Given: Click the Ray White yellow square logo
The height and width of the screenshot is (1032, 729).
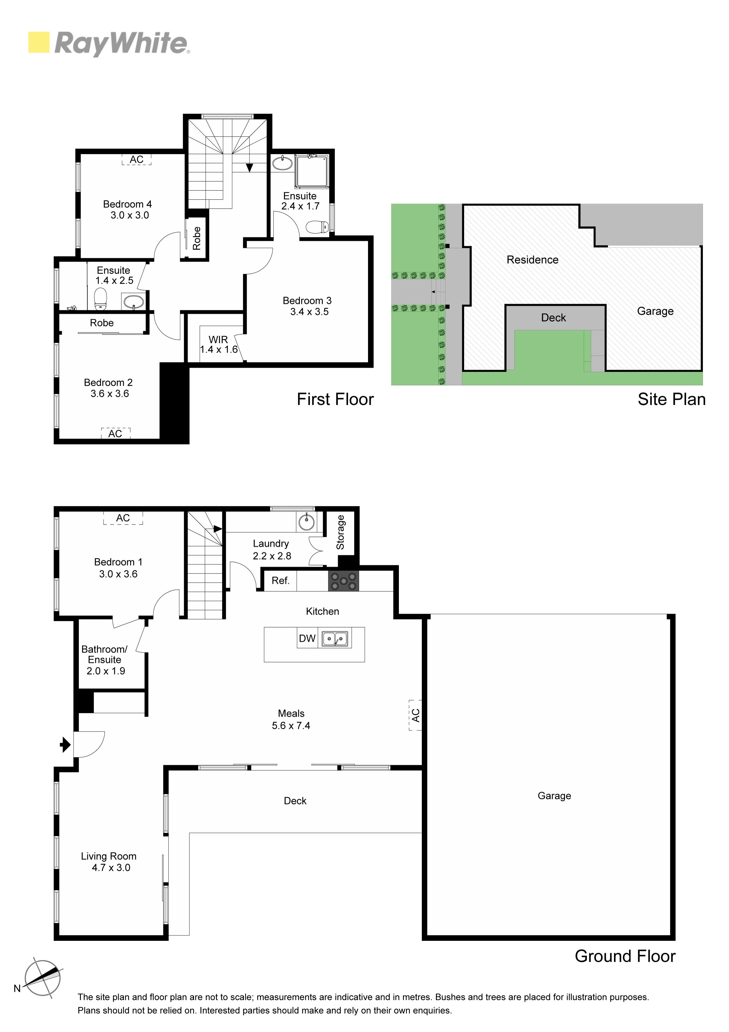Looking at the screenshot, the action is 39,42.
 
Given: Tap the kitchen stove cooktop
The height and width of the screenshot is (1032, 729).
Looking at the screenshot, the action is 344,581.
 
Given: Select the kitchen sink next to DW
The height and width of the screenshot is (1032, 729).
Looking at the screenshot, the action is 335,639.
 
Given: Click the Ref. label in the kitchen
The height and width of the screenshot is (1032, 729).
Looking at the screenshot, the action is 280,581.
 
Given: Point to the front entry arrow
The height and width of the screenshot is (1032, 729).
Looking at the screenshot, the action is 66,745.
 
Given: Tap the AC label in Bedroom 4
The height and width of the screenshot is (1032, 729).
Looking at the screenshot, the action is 137,159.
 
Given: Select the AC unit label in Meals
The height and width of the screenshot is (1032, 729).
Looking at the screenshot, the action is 415,715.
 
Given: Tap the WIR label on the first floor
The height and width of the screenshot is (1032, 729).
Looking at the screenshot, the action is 218,340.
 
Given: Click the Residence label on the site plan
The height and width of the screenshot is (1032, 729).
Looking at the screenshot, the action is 532,260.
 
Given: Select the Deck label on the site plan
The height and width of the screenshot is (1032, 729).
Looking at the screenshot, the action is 554,318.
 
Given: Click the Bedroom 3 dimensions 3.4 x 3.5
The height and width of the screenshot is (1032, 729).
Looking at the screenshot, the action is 310,312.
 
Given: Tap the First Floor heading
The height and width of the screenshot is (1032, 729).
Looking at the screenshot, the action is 335,399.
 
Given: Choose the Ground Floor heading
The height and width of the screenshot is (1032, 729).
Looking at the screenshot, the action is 625,956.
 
